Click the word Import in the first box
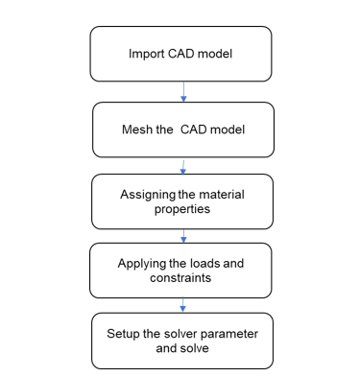[x=147, y=54]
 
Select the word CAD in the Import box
[x=180, y=54]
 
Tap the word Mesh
[x=136, y=130]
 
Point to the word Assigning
[x=148, y=195]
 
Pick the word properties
[x=182, y=209]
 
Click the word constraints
[x=180, y=277]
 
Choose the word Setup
[x=123, y=334]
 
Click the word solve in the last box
[x=195, y=348]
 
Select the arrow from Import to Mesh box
[x=183, y=92]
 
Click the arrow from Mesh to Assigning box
[x=183, y=167]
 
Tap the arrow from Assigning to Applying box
[x=183, y=236]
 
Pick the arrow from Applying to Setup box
[x=182, y=305]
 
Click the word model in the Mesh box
[x=228, y=130]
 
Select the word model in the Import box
[x=215, y=54]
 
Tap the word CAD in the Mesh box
[x=194, y=130]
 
